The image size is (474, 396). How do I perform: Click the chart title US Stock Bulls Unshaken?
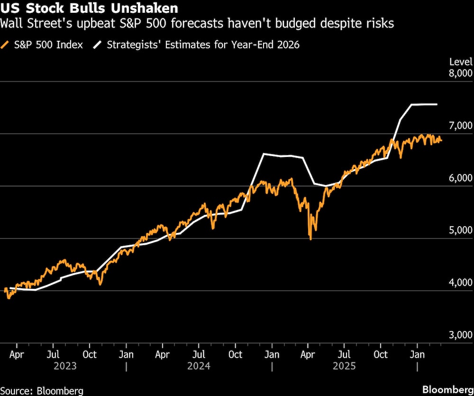[89, 8]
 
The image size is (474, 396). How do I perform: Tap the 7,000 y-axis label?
[460, 125]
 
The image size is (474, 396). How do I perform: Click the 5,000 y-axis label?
[460, 230]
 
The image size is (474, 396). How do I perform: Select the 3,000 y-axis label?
[460, 335]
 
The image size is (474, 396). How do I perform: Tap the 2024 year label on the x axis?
[199, 366]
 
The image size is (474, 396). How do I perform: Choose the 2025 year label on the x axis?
[345, 366]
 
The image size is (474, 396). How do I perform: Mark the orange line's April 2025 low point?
[310, 239]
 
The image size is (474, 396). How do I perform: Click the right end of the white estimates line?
[436, 104]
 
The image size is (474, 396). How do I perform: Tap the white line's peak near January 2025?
[264, 154]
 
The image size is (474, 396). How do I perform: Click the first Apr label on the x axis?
[17, 354]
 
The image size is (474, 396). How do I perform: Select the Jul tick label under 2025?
[345, 354]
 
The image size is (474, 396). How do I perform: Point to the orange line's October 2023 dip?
[100, 284]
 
